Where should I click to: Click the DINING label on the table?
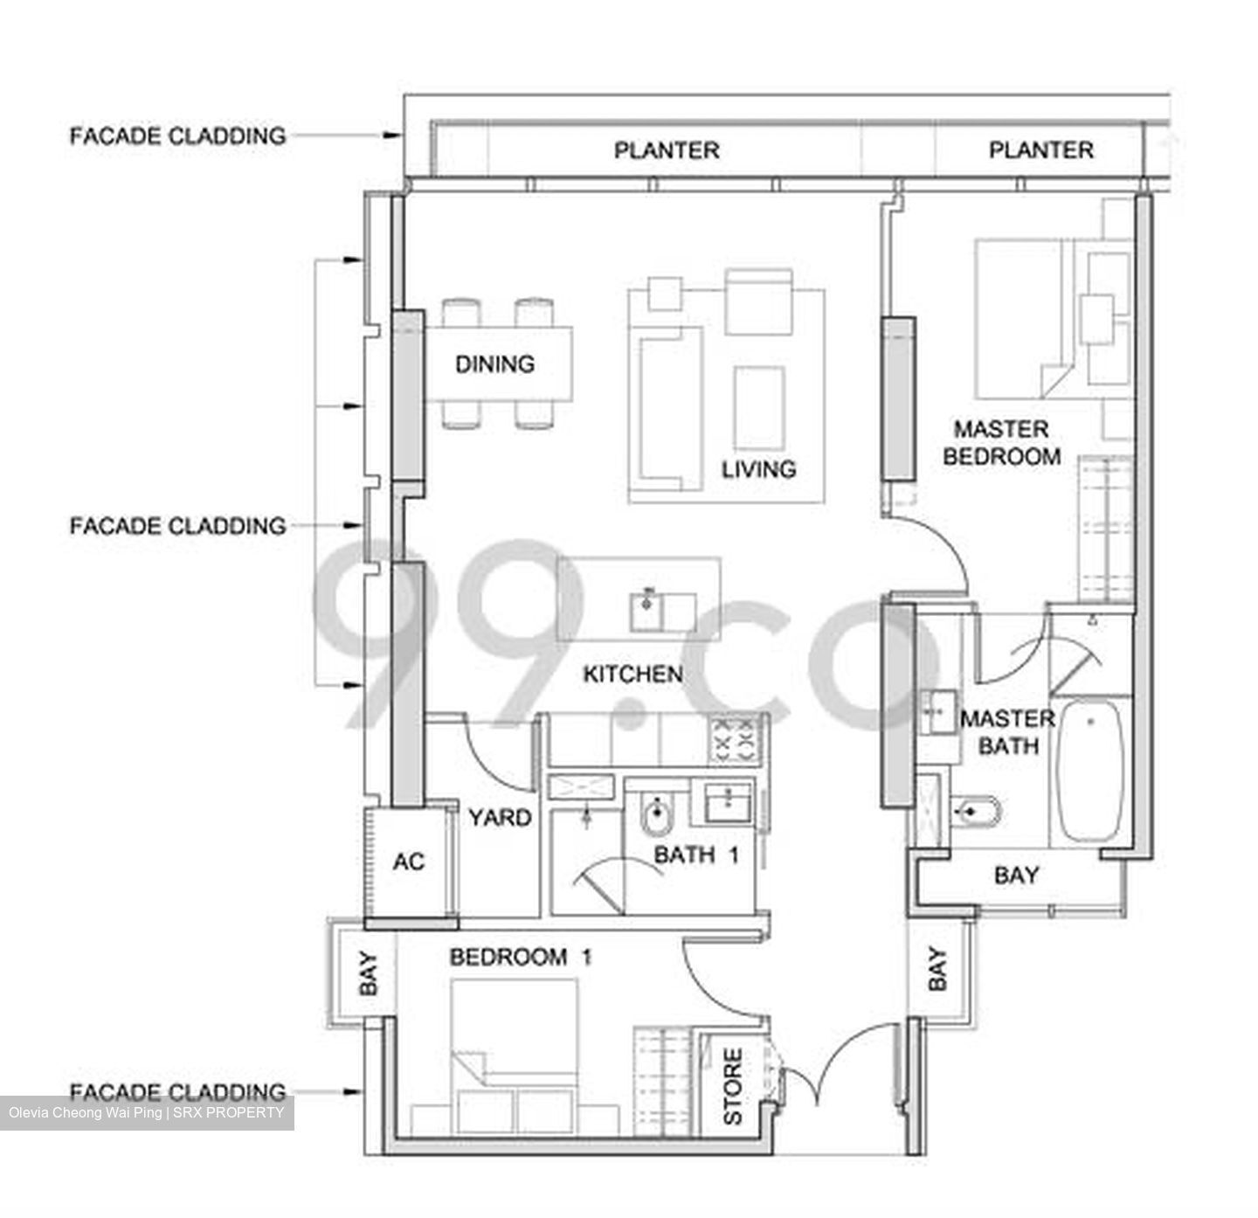494,363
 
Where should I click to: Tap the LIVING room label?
758,469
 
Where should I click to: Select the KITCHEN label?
632,674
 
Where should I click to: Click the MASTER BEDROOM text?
1001,443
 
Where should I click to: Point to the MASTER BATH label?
1007,732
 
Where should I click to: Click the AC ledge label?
408,862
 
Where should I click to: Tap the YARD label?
500,818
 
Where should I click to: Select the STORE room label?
732,1086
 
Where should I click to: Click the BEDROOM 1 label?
521,957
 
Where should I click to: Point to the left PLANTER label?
667,150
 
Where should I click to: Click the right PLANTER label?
1040,150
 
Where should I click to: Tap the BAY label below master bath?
1016,875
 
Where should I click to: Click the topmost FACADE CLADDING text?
177,136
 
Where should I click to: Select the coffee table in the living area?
759,406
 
